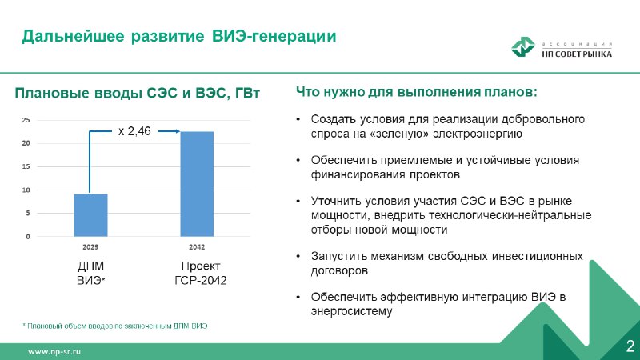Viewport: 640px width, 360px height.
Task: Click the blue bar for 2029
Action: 90,215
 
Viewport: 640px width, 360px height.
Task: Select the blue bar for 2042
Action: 197,184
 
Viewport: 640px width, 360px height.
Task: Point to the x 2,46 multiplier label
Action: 134,131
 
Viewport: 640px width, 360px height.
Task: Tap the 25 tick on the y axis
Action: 26,120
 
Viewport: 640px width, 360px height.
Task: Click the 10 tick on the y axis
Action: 26,190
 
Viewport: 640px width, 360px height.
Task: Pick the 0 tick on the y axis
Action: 28,236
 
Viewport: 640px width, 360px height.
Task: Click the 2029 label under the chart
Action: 90,247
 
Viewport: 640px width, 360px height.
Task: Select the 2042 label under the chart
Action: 197,247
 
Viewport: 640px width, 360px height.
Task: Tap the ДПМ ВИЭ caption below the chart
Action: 90,273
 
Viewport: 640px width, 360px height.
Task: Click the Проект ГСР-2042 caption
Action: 201,273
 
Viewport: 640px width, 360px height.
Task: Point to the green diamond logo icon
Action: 523,46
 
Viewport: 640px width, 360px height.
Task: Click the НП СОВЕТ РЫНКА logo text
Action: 577,54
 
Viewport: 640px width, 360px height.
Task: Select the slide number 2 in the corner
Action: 630,346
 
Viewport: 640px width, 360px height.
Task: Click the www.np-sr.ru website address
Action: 54,351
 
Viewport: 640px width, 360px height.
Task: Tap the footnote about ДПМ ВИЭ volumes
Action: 114,326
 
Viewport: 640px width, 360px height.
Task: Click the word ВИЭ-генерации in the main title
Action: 274,36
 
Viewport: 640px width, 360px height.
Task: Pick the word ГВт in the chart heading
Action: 247,93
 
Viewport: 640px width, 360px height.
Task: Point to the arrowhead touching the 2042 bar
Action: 178,131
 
